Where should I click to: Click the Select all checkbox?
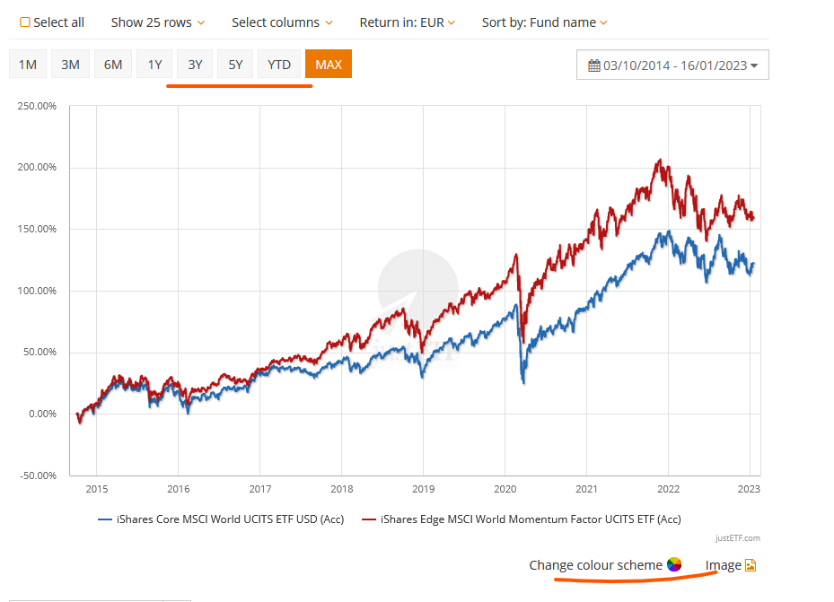25,22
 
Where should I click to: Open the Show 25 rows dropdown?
157,22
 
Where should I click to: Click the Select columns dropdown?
282,22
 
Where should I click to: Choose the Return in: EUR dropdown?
407,22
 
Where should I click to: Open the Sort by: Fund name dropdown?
544,22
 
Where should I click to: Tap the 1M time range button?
28,65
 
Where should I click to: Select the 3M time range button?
71,65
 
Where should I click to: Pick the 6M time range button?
113,65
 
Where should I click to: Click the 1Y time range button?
154,65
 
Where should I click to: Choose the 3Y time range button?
195,65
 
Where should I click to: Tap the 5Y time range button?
235,65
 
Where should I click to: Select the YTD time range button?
279,65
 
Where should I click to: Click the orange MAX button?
329,65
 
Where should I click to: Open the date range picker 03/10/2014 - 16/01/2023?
672,65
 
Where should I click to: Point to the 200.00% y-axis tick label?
38,168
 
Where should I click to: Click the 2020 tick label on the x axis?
505,489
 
